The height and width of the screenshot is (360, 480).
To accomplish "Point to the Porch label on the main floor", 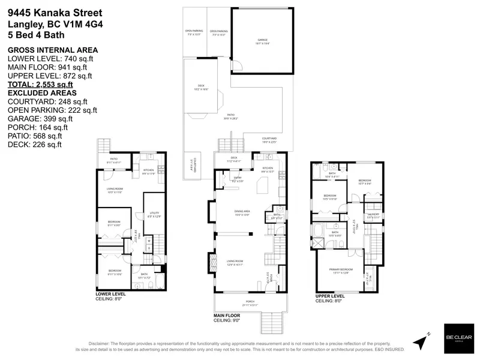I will (250, 302).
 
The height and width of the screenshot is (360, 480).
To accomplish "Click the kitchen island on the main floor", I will (262, 190).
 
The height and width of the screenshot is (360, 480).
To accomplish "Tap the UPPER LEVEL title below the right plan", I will (329, 296).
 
